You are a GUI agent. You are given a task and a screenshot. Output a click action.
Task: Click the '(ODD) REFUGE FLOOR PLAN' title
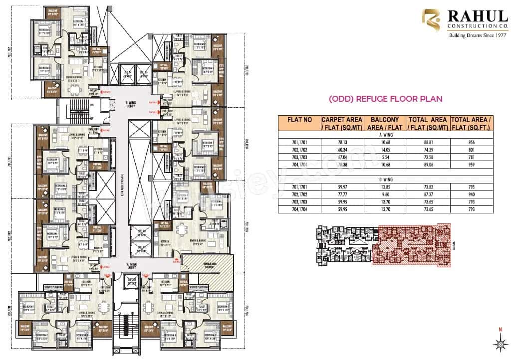tap(385, 99)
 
